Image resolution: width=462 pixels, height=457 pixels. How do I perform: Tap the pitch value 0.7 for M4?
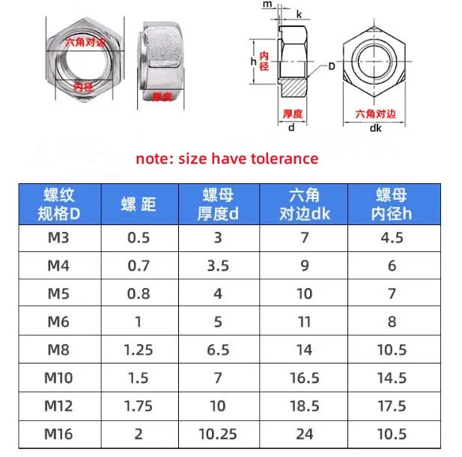[x=139, y=266]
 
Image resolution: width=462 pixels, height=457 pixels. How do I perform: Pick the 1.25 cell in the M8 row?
[x=139, y=349]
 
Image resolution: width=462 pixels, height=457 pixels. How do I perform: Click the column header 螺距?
[x=139, y=203]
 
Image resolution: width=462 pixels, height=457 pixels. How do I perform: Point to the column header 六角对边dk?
[x=304, y=203]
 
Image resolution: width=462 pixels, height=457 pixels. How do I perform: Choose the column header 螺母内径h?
[x=391, y=203]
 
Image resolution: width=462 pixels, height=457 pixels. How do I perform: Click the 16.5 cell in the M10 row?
[x=304, y=377]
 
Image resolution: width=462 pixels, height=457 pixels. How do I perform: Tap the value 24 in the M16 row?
[x=304, y=433]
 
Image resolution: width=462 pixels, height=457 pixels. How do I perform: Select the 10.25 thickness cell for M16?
[x=218, y=433]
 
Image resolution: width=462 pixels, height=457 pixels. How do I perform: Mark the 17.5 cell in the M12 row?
[x=391, y=405]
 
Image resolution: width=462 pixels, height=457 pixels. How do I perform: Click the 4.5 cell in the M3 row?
[x=391, y=238]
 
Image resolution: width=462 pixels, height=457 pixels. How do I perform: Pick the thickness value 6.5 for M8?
[x=218, y=349]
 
